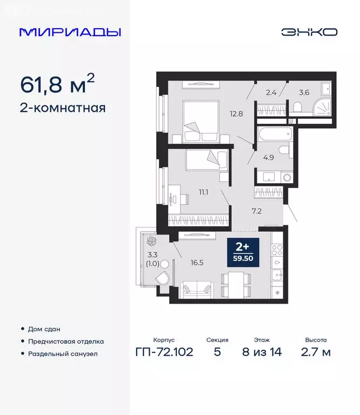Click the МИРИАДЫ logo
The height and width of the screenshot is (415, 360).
click(70, 32)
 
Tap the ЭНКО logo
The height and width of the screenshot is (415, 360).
click(309, 32)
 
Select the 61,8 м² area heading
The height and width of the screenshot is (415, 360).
click(57, 84)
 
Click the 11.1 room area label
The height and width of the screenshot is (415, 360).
click(203, 191)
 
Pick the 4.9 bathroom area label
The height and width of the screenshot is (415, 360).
click(269, 158)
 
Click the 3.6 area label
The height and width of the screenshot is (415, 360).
click(304, 92)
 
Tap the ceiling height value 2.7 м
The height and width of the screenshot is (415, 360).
click(316, 353)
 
